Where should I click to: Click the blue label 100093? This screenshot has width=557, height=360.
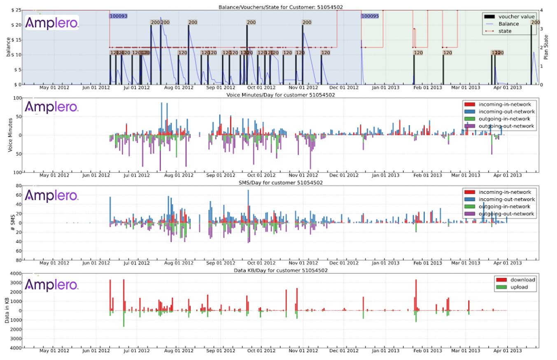[x=118, y=16]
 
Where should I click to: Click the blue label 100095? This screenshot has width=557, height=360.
[x=370, y=16]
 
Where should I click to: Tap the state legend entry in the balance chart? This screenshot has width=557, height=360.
[x=505, y=31]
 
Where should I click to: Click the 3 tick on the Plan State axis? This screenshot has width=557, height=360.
[x=541, y=29]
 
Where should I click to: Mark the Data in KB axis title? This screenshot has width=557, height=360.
[x=7, y=311]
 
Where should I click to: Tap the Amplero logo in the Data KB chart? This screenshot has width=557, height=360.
[x=52, y=285]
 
